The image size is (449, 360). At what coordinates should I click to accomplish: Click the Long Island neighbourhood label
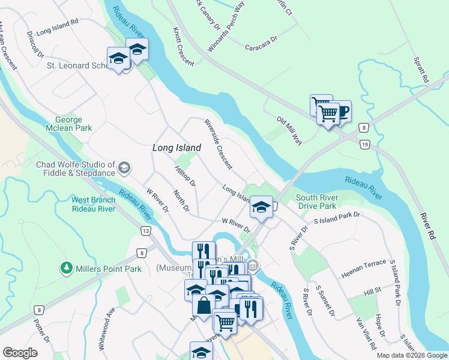[x=176, y=147]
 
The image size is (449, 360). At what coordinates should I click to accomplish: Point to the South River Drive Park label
[x=317, y=202]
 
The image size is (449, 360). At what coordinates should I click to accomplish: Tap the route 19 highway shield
[x=364, y=144]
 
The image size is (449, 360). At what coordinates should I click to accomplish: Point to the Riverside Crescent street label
[x=218, y=144]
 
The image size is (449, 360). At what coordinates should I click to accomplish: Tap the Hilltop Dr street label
[x=185, y=177]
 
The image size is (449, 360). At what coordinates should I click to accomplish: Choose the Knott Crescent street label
[x=183, y=47]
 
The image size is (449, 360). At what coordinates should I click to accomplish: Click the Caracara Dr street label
[x=261, y=46]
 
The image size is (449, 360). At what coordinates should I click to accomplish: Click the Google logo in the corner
[x=20, y=353]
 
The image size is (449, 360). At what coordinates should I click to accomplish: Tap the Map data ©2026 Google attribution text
[x=411, y=355]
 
